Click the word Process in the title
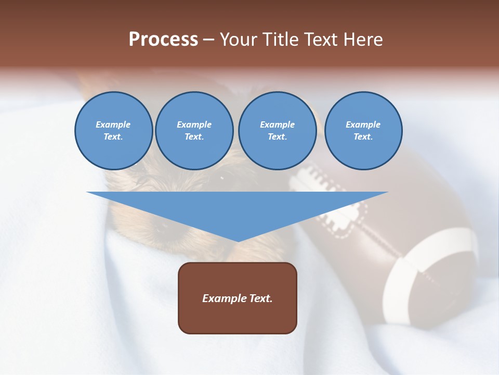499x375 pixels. point(163,40)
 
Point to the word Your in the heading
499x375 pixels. point(238,40)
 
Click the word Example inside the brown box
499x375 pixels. point(224,298)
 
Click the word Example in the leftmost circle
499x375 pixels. point(113,124)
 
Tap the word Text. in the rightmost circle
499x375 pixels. point(363,136)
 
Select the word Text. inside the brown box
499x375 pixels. point(260,298)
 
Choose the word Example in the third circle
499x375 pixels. point(277,124)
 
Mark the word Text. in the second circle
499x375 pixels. point(194,136)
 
